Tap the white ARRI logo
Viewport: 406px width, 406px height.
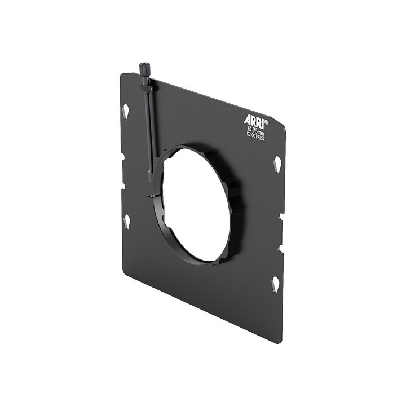253,120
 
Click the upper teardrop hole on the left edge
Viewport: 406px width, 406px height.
126,110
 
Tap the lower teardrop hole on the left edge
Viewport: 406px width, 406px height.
127,220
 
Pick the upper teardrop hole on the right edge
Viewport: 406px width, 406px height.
277,165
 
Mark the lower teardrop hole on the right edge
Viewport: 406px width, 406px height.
276,283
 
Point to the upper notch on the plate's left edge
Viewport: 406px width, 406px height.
123,156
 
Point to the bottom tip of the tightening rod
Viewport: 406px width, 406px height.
151,181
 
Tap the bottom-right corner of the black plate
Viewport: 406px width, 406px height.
280,342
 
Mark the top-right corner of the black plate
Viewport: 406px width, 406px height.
285,127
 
